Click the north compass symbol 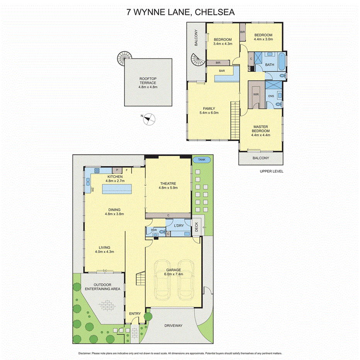149,119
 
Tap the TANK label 201,160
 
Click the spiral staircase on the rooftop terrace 125,58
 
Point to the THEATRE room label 168,184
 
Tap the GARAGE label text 173,270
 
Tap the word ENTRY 135,314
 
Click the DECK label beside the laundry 196,228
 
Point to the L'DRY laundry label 178,225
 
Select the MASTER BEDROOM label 261,129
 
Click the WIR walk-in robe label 255,94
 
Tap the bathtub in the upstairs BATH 285,62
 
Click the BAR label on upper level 222,71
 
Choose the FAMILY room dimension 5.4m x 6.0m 209,113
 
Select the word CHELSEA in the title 215,12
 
